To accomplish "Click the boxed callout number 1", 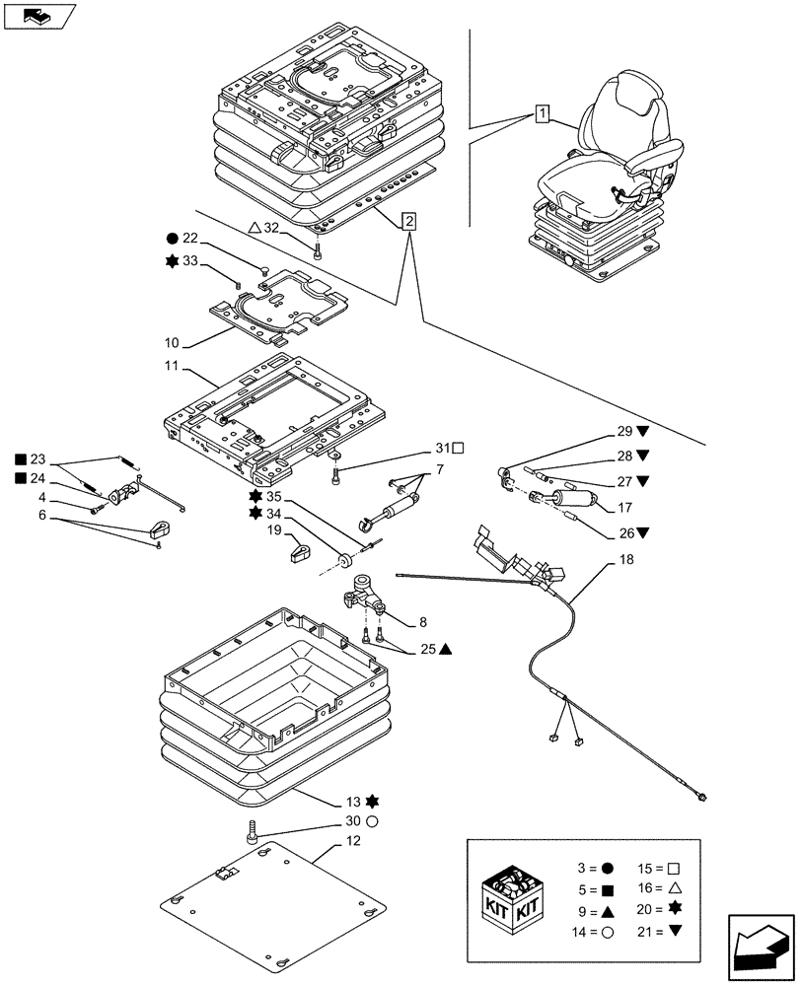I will [x=542, y=112].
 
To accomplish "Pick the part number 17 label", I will [x=624, y=510].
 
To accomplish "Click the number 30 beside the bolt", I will [x=351, y=820].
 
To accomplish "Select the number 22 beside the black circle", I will [x=190, y=238].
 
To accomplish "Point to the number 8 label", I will [x=422, y=622].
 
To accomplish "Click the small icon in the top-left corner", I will [x=40, y=16].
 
